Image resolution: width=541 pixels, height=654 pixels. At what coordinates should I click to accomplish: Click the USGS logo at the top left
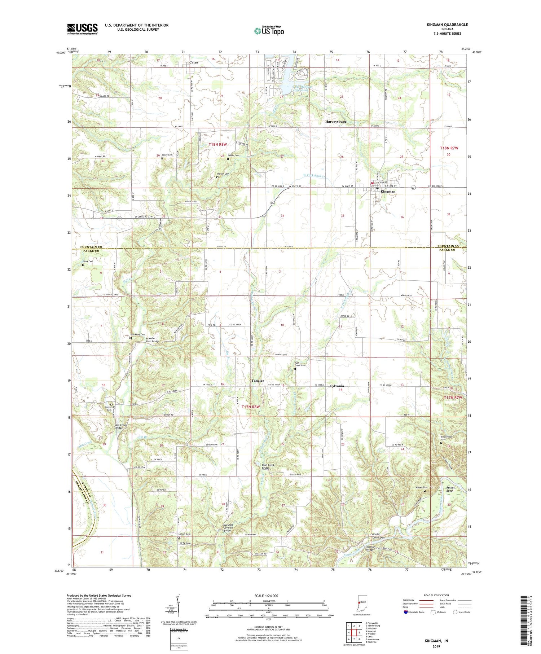82,29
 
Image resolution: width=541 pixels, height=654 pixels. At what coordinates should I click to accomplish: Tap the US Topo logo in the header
269,31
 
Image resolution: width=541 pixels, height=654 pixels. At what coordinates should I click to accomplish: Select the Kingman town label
387,192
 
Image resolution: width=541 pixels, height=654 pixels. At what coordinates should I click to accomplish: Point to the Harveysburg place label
335,122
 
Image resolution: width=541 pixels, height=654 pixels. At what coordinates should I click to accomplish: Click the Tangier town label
258,381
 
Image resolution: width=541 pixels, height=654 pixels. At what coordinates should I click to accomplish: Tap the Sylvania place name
337,386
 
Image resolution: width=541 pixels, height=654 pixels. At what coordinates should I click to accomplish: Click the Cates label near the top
194,62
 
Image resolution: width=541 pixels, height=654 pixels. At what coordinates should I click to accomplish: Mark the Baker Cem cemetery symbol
162,158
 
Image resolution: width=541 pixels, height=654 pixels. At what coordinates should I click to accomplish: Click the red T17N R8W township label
250,407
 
